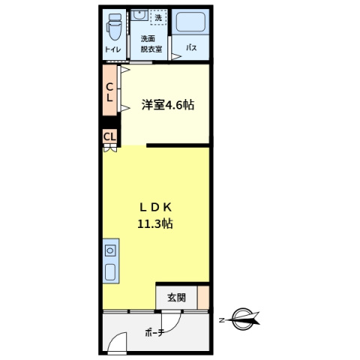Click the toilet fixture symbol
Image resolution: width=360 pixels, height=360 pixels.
click(114, 27)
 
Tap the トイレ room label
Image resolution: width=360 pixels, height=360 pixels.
click(113, 49)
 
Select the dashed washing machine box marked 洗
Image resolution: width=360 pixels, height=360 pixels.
click(158, 17)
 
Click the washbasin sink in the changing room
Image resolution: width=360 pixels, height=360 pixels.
click(139, 15)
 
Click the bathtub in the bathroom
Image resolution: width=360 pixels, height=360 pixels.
click(190, 22)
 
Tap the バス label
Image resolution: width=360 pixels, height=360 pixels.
click(191, 47)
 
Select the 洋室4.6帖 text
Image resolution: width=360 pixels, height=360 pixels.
click(168, 104)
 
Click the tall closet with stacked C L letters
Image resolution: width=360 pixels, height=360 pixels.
click(109, 90)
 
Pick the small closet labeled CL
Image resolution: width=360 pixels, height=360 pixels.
click(109, 136)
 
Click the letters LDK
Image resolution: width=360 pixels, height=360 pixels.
click(155, 208)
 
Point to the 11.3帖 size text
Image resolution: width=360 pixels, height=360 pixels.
click(155, 223)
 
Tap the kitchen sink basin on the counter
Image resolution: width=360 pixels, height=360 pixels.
click(110, 272)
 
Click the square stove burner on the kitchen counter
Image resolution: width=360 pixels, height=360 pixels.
click(110, 250)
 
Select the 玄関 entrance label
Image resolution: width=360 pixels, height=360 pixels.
click(176, 298)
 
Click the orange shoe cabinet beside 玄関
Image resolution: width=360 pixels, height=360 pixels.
click(203, 298)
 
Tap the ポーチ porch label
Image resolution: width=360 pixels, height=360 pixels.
click(154, 332)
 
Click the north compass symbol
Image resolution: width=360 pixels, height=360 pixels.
click(243, 319)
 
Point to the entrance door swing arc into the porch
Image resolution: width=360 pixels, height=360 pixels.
click(176, 325)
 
